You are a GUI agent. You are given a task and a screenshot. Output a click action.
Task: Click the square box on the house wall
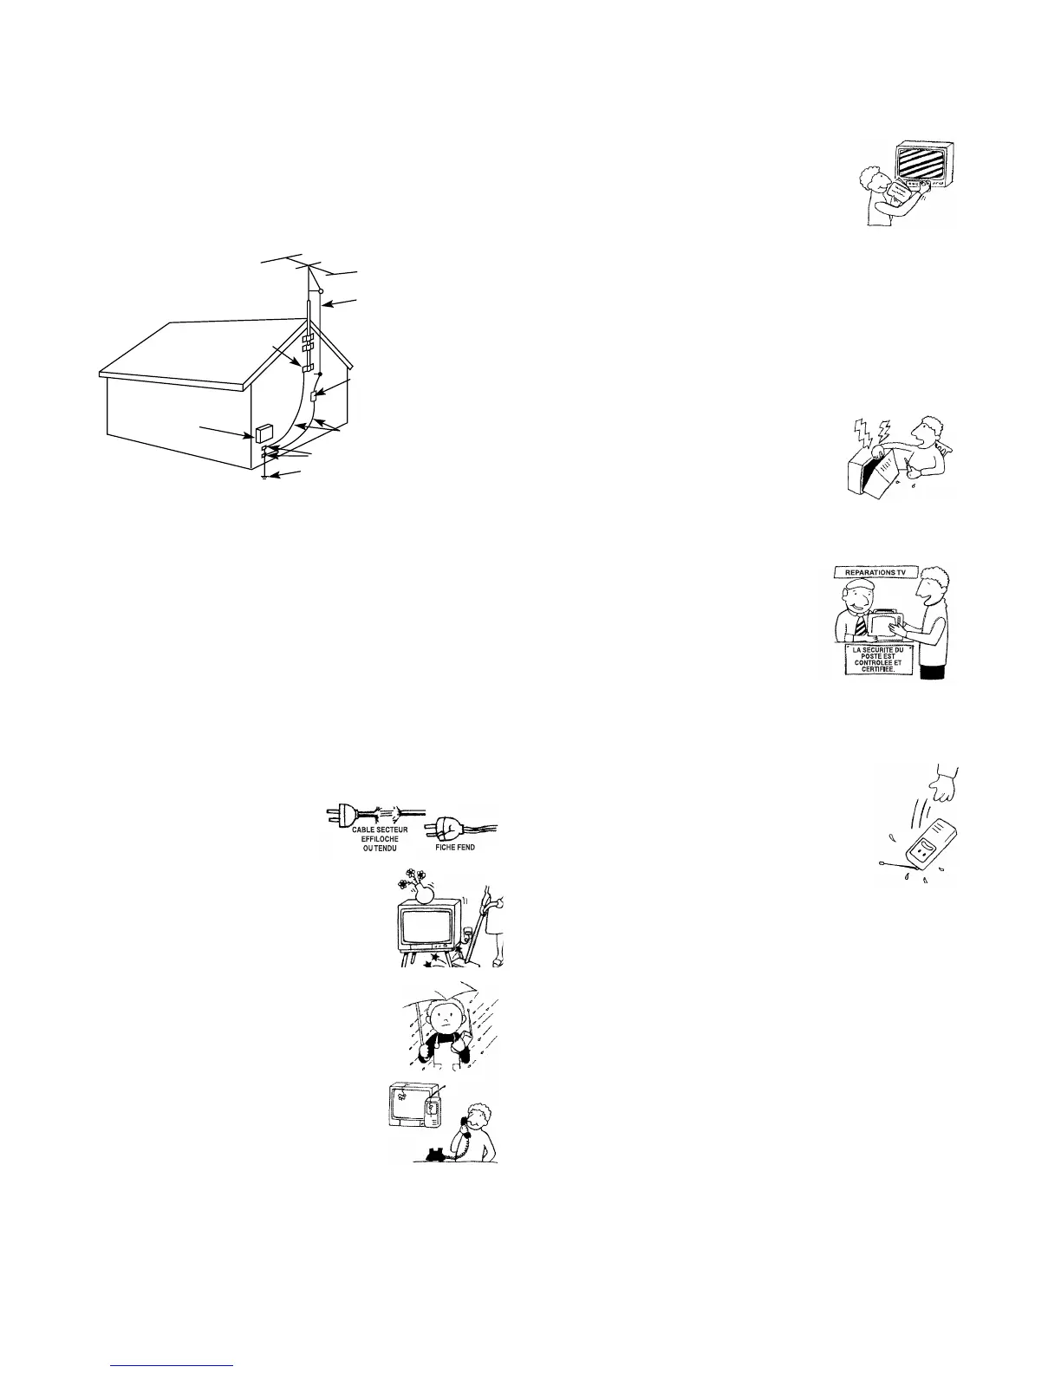[x=264, y=432]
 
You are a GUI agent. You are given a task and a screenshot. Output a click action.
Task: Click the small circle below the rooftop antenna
[x=321, y=291]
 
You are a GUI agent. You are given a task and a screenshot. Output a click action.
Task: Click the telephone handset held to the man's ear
[x=465, y=1123]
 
